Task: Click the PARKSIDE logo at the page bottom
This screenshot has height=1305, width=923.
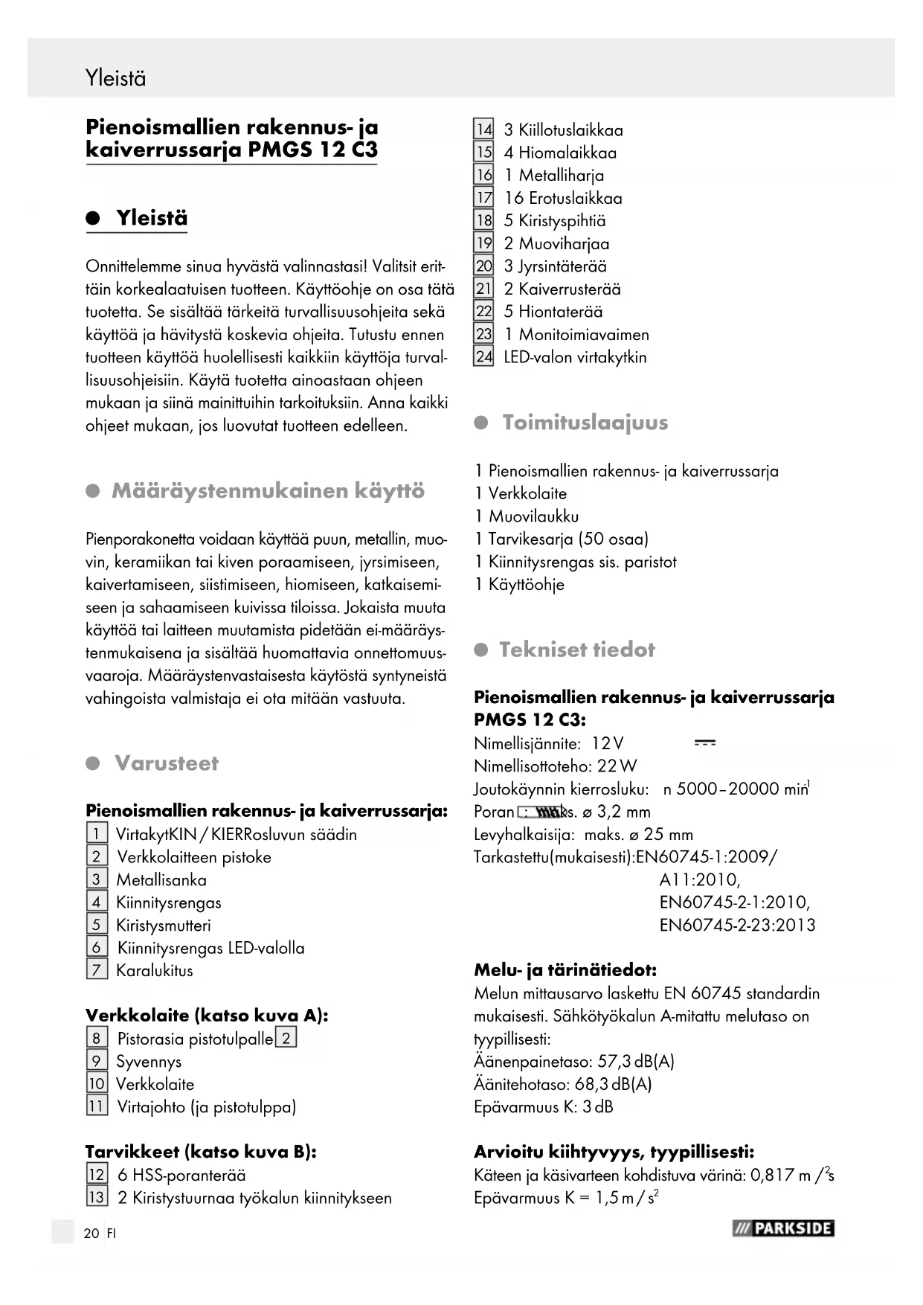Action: tap(783, 1228)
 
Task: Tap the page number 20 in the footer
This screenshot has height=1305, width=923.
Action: tap(91, 1233)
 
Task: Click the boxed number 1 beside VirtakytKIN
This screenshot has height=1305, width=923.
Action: tap(97, 834)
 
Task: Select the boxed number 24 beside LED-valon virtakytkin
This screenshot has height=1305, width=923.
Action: tap(483, 357)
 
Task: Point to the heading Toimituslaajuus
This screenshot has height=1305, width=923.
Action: tap(585, 423)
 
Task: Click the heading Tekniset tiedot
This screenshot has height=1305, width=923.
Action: tap(577, 650)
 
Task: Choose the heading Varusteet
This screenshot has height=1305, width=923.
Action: tap(167, 763)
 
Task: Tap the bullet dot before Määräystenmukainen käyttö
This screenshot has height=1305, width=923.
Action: tap(93, 492)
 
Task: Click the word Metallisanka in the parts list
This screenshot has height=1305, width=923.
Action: tap(161, 880)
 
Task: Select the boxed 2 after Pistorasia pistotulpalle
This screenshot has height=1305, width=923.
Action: tap(286, 1038)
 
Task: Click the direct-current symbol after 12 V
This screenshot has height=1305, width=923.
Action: tap(704, 743)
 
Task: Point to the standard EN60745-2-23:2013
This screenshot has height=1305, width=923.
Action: tap(737, 926)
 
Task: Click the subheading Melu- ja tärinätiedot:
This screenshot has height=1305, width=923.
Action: tap(565, 970)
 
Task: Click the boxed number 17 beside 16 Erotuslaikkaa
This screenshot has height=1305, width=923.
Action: tap(483, 198)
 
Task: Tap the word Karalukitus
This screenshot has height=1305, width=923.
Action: tap(154, 971)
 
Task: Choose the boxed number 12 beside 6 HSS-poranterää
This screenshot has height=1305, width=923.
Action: tap(97, 1176)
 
